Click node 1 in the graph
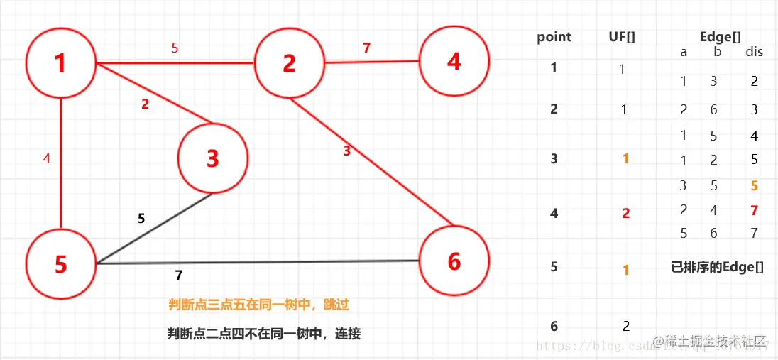pos(61,63)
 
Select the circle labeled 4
pos(454,61)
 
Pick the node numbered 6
pos(454,261)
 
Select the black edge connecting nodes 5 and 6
pos(256,262)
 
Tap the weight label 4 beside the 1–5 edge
pos(47,159)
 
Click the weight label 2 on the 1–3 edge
pos(145,104)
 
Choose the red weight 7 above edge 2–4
pos(366,48)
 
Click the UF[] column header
pos(622,37)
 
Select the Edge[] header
pos(718,37)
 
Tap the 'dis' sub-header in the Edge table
pos(754,52)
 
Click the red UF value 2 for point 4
pos(626,213)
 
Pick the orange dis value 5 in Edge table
pos(755,186)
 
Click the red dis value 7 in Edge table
pos(755,209)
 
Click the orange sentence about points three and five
pos(259,305)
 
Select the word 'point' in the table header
pos(554,37)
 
